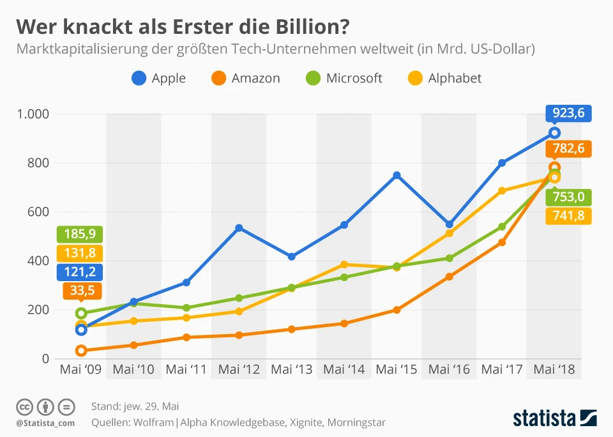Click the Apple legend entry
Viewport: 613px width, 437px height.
coord(158,79)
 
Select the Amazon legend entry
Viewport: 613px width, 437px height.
coord(245,79)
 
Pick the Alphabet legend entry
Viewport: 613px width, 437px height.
coord(445,79)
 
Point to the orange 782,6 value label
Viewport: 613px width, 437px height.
coord(568,149)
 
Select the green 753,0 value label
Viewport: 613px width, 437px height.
coord(568,197)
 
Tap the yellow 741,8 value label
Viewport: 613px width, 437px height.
coord(568,216)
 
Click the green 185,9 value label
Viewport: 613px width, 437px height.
coord(80,234)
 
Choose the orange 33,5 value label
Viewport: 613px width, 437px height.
coord(80,291)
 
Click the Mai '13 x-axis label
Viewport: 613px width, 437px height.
coord(292,369)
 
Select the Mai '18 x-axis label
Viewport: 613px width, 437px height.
coord(554,369)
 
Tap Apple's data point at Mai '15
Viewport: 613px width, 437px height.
coord(397,175)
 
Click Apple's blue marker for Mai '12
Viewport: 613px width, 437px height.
coord(239,228)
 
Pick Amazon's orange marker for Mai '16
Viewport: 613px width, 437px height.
coord(450,277)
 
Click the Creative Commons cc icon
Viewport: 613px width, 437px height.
coord(25,406)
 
